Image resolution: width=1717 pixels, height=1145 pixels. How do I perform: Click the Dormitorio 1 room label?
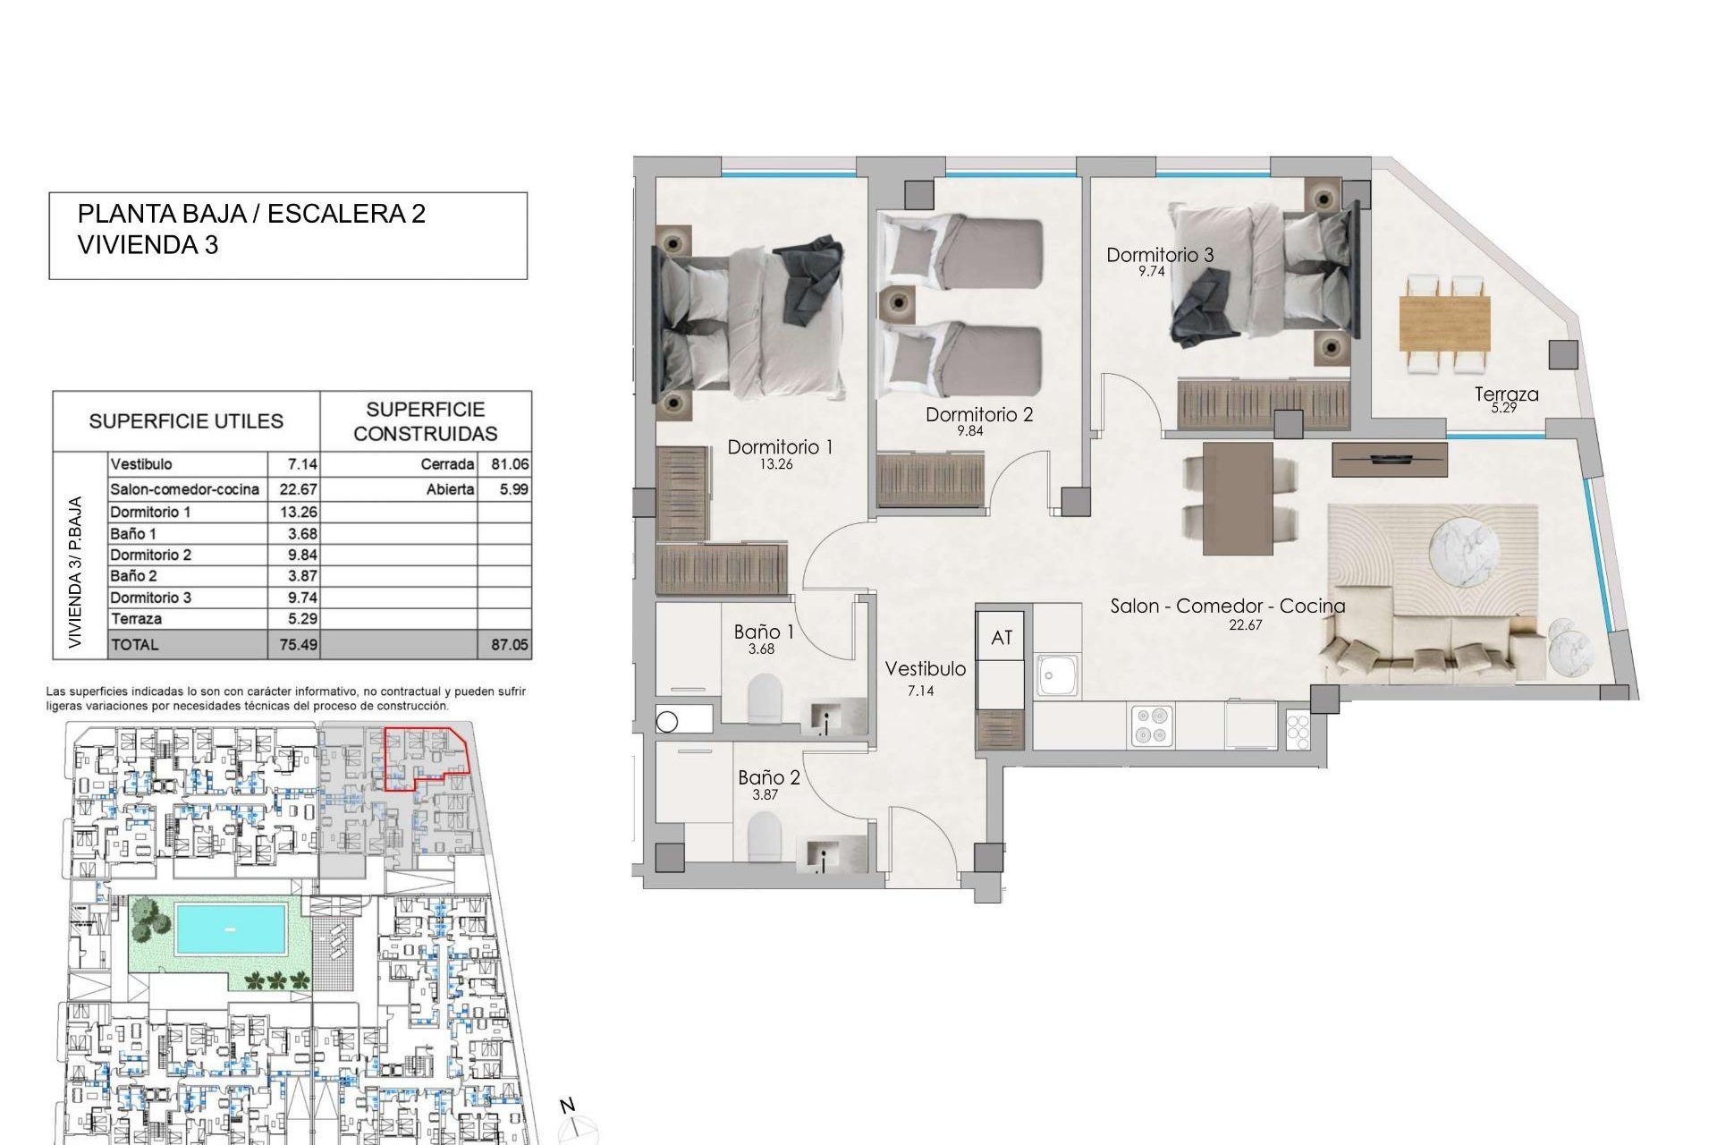tap(780, 447)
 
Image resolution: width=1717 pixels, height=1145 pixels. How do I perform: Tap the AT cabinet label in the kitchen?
tap(1002, 638)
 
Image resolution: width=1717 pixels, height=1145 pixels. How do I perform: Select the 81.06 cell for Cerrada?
tap(509, 464)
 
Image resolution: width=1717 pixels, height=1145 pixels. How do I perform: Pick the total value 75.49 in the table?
tap(298, 644)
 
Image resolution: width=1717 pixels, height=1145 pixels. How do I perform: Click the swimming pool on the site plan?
tap(231, 929)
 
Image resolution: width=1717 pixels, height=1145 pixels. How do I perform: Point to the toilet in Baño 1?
tap(765, 698)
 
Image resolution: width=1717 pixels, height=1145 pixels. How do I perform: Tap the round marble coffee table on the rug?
tap(1464, 554)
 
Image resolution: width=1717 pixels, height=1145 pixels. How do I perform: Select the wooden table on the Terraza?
tap(1444, 324)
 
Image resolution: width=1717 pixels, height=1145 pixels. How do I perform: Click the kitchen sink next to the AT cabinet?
tap(1059, 674)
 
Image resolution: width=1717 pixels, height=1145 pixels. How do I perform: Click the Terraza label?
tap(1506, 394)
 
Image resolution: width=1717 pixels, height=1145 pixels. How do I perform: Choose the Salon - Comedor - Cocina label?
tap(1227, 606)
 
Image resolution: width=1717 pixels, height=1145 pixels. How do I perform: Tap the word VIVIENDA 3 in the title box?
tap(148, 245)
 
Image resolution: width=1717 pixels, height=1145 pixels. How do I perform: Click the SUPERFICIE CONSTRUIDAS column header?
tap(425, 421)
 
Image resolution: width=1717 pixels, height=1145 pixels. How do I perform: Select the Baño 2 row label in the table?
tap(133, 576)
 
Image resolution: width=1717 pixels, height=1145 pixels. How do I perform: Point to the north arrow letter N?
tap(567, 1107)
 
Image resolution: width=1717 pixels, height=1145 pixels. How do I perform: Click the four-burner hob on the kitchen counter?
tap(1152, 725)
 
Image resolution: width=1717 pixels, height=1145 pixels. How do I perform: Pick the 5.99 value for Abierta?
tap(513, 489)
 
